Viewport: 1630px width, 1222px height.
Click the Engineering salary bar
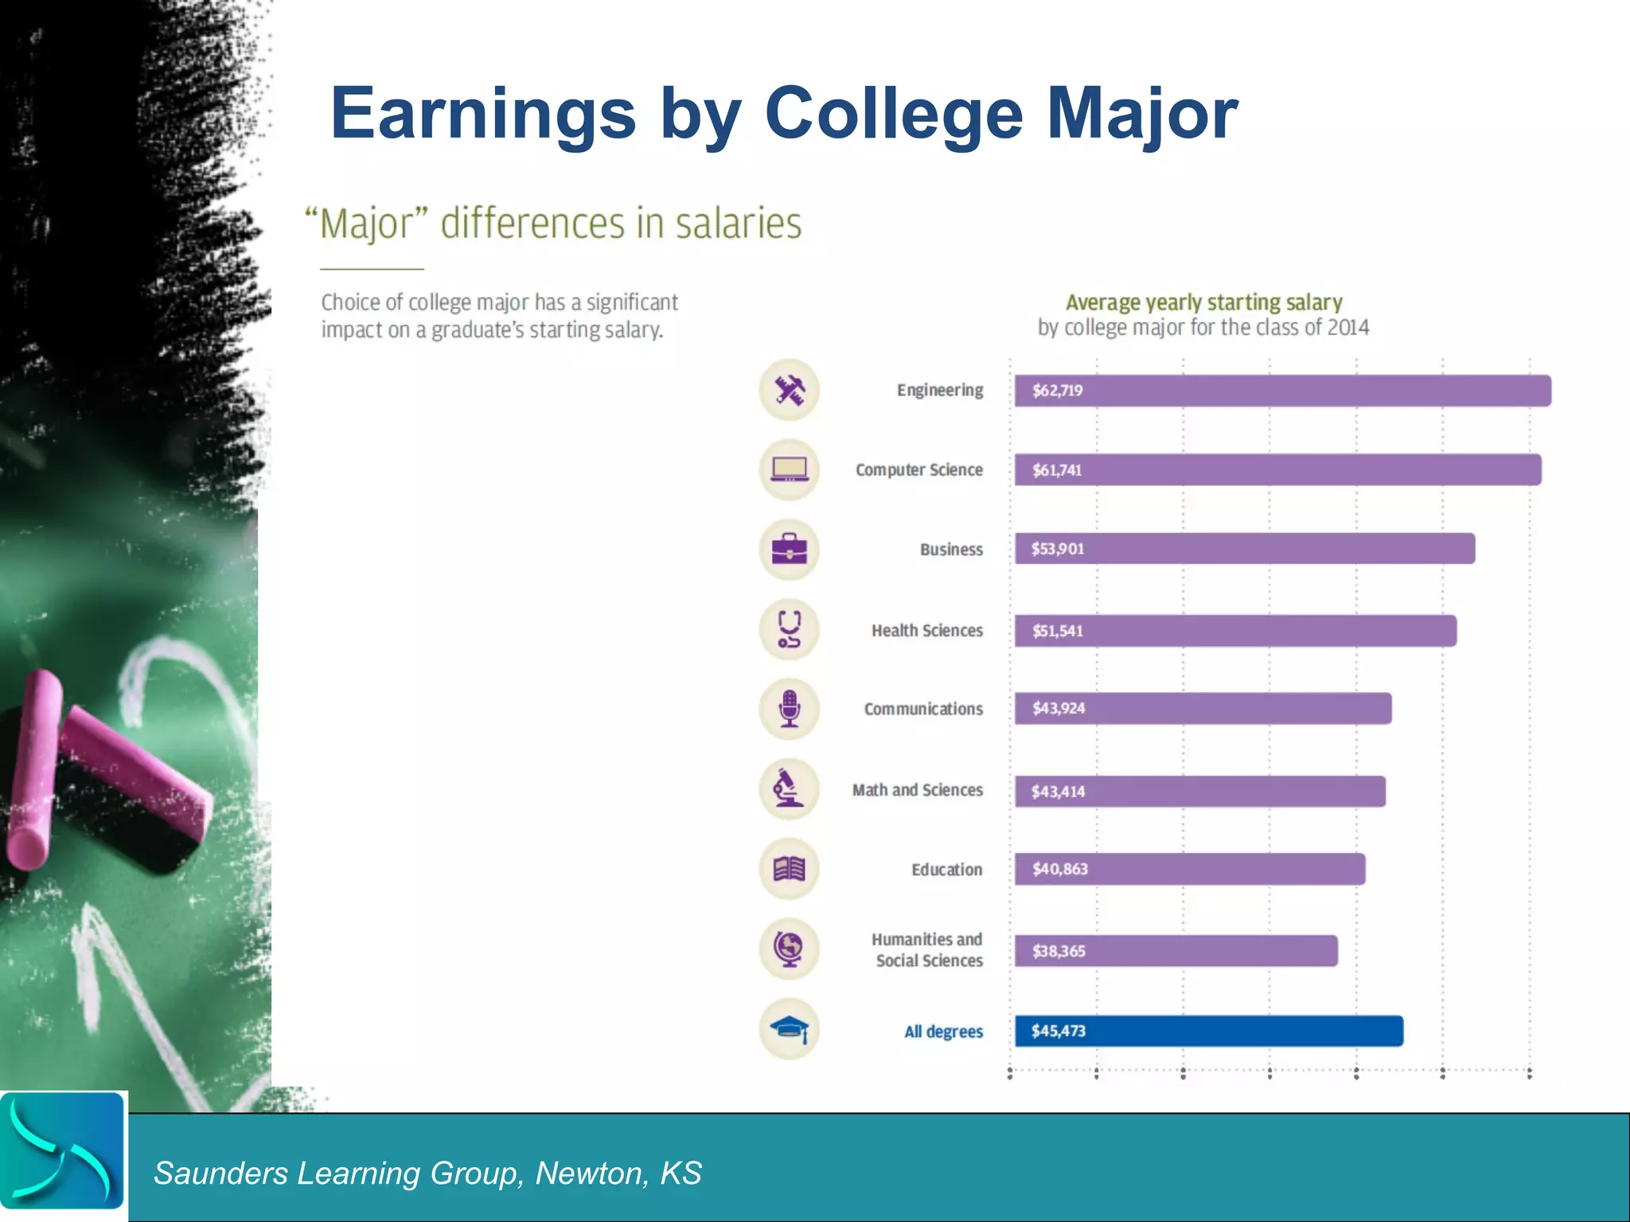(1281, 391)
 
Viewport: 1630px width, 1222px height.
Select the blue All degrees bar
(1208, 1031)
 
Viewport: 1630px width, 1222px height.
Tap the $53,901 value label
(1057, 549)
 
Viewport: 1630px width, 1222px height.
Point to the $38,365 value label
(1058, 951)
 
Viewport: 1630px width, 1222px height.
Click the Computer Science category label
(918, 470)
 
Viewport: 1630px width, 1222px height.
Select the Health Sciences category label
(926, 631)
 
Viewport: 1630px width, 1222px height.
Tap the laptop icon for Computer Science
(789, 469)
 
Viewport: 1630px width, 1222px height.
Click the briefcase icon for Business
(789, 549)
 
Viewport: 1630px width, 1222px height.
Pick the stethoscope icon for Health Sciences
(789, 629)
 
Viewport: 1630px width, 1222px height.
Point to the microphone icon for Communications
(789, 709)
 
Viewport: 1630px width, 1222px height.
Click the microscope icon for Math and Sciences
(789, 788)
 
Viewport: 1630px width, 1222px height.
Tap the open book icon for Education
(789, 869)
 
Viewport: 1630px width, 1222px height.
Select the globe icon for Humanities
(789, 948)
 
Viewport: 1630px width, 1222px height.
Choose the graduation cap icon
(789, 1029)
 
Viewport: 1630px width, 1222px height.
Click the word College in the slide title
(893, 114)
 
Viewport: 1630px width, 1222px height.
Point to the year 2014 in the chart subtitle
(1345, 328)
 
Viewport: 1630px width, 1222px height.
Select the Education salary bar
(1189, 869)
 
